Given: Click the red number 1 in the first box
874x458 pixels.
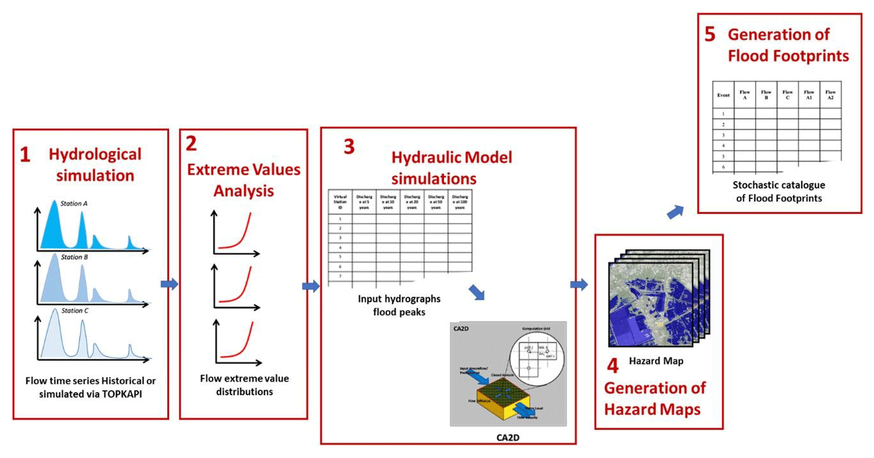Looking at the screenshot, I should pyautogui.click(x=25, y=156).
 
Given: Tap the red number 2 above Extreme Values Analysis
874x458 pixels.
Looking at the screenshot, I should pyautogui.click(x=191, y=143).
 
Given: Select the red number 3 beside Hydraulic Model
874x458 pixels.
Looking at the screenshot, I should pyautogui.click(x=349, y=147).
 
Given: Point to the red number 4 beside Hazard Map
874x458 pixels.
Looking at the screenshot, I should pyautogui.click(x=613, y=366).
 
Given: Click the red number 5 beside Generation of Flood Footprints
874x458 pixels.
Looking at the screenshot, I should pyautogui.click(x=709, y=34).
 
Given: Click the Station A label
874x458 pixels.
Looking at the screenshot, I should pyautogui.click(x=74, y=204).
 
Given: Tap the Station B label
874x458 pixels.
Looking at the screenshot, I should pyautogui.click(x=74, y=257).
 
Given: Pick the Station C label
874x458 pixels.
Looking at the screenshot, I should pyautogui.click(x=75, y=311).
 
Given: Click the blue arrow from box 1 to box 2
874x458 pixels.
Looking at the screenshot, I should pyautogui.click(x=170, y=284).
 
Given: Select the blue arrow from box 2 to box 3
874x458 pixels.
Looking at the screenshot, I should pyautogui.click(x=311, y=286).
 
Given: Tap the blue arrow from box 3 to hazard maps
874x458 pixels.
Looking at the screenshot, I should pyautogui.click(x=579, y=284).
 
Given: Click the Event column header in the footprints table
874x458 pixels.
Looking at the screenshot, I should pyautogui.click(x=723, y=95).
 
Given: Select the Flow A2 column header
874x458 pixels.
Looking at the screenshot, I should pyautogui.click(x=830, y=95).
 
